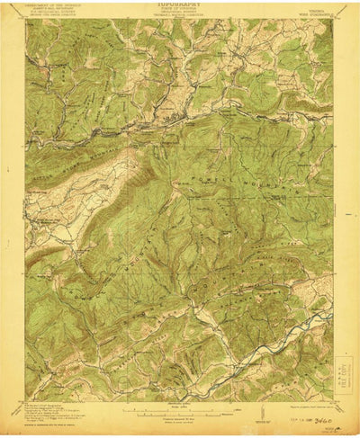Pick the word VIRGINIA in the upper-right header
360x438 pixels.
pyautogui.click(x=317, y=5)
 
